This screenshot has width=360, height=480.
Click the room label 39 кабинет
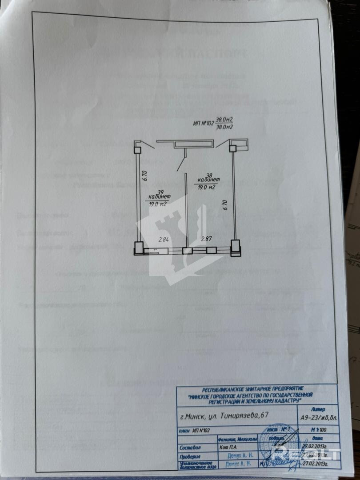click(159, 192)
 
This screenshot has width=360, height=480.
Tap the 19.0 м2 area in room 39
click(159, 204)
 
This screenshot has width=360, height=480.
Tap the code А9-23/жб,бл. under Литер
click(318, 416)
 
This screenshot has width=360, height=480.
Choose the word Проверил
click(190, 456)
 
